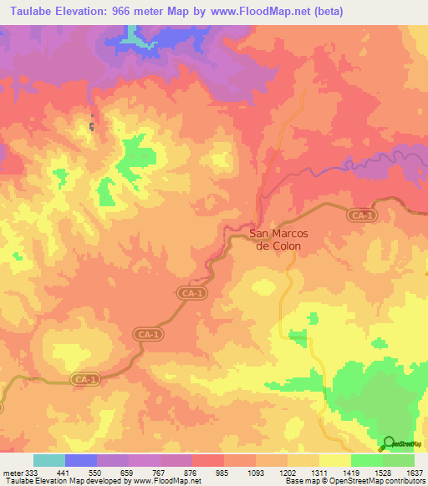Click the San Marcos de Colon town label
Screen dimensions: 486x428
[278, 240]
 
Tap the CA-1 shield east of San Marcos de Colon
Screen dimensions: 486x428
[359, 215]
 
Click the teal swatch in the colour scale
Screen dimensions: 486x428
[49, 460]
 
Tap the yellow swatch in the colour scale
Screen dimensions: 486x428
[335, 460]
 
